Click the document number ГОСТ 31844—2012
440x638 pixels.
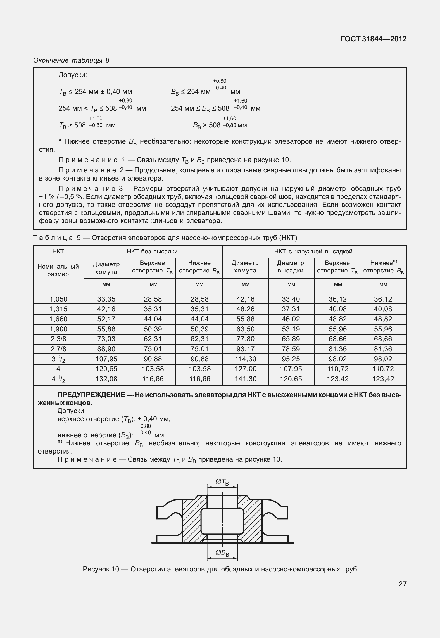[x=374, y=39]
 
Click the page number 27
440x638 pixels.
[x=402, y=584]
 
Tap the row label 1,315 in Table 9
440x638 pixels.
[x=58, y=309]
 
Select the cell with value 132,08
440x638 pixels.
[x=106, y=379]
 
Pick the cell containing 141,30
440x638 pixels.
[x=245, y=379]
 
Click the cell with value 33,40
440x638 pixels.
[x=291, y=299]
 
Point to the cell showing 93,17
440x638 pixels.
[x=245, y=349]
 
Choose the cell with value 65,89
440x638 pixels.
[x=291, y=339]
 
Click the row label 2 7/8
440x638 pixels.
[x=58, y=349]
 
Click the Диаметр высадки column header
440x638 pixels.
[x=291, y=267]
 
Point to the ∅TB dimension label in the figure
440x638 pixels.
[x=222, y=482]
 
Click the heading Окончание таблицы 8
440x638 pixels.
[x=71, y=60]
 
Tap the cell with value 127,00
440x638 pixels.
[x=245, y=369]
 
